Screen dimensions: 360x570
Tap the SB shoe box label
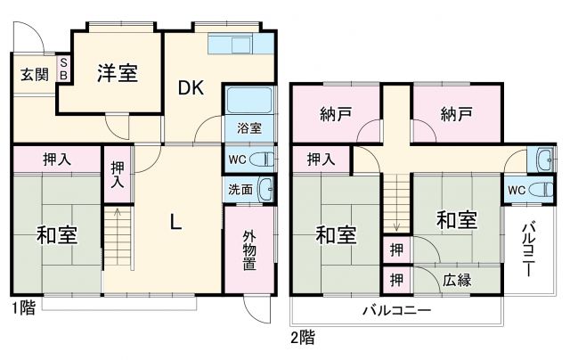tap(63, 70)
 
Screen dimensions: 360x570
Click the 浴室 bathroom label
tap(248, 127)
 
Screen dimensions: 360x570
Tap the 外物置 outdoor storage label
tap(249, 250)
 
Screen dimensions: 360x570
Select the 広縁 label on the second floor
tap(456, 279)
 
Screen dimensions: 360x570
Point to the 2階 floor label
tap(302, 338)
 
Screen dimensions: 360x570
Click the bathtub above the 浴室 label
tap(248, 101)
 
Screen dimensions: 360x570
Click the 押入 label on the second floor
tap(322, 160)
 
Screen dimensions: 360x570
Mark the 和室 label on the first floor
tap(55, 236)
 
